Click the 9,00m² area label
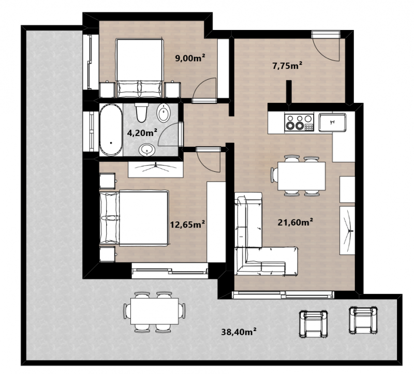click(190, 57)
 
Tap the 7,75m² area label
click(287, 65)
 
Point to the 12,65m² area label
click(187, 225)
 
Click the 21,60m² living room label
click(295, 222)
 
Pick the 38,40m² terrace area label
click(239, 332)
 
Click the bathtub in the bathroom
click(111, 130)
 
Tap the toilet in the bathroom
click(141, 112)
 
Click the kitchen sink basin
click(332, 122)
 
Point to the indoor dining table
click(301, 176)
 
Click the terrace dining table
click(155, 311)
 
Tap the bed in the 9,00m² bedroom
click(139, 68)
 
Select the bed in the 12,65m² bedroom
click(134, 218)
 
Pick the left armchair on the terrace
click(314, 324)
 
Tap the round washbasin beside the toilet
click(164, 113)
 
